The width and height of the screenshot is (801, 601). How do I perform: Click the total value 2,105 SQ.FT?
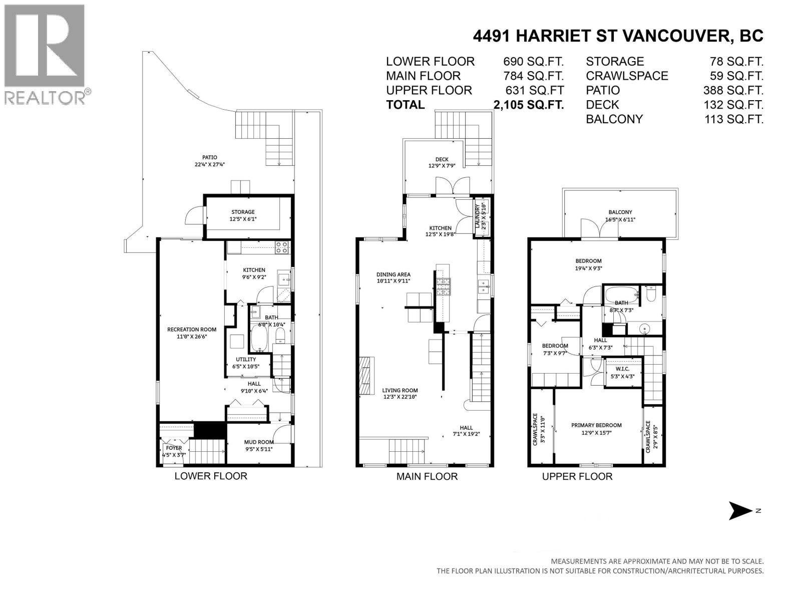point(529,105)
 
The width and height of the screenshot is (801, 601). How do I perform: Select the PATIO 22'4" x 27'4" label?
point(210,161)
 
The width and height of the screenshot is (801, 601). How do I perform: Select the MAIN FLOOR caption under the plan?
point(427,476)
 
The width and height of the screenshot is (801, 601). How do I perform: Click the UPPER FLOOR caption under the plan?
point(577,476)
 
